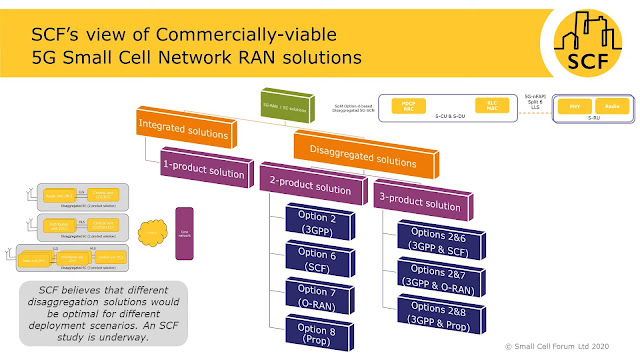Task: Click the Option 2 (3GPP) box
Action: pyautogui.click(x=319, y=221)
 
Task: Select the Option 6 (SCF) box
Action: pyautogui.click(x=319, y=259)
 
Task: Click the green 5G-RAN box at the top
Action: pyautogui.click(x=272, y=103)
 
